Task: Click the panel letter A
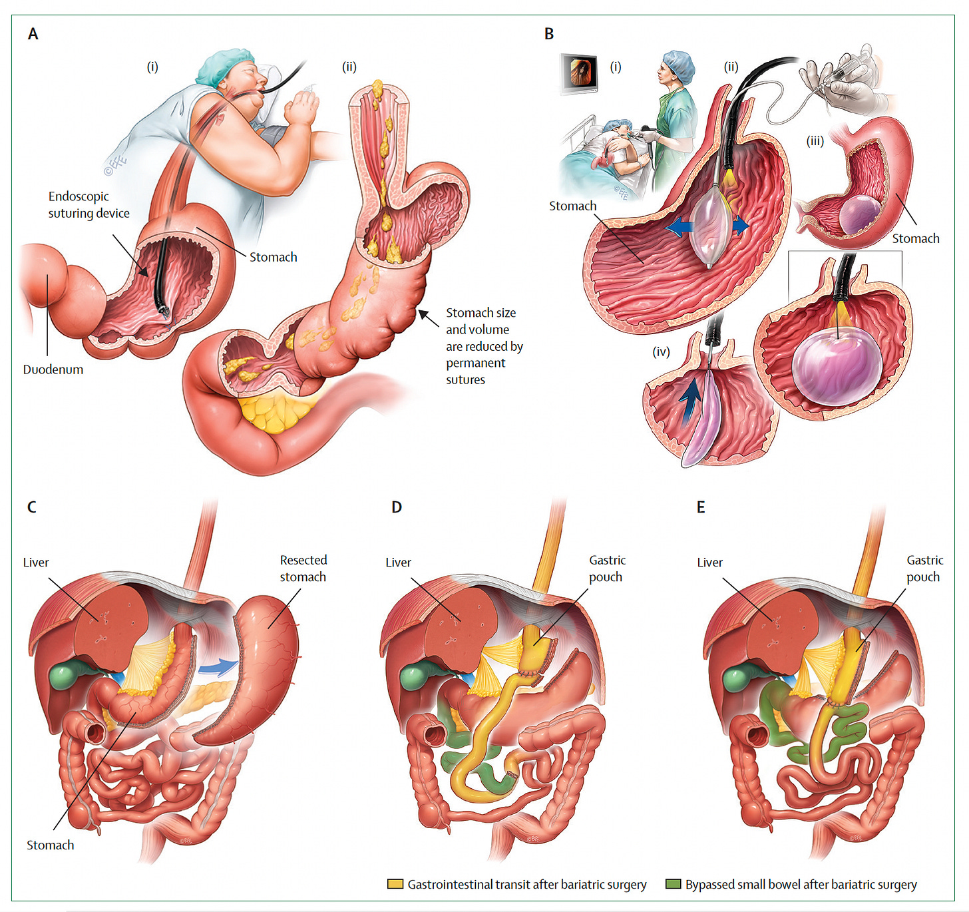tap(33, 34)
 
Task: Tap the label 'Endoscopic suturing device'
tap(89, 204)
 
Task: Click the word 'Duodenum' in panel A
tap(53, 369)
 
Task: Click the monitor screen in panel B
tap(578, 72)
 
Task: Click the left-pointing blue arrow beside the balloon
tap(679, 228)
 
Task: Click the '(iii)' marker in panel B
tap(815, 140)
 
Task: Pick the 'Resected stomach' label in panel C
tap(303, 569)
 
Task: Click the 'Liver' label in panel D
tap(398, 563)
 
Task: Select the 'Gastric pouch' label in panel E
tap(924, 569)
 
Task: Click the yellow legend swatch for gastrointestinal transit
tap(395, 884)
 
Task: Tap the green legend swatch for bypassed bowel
tap(673, 884)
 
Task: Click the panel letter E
tap(701, 507)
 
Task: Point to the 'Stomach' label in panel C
tap(50, 845)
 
